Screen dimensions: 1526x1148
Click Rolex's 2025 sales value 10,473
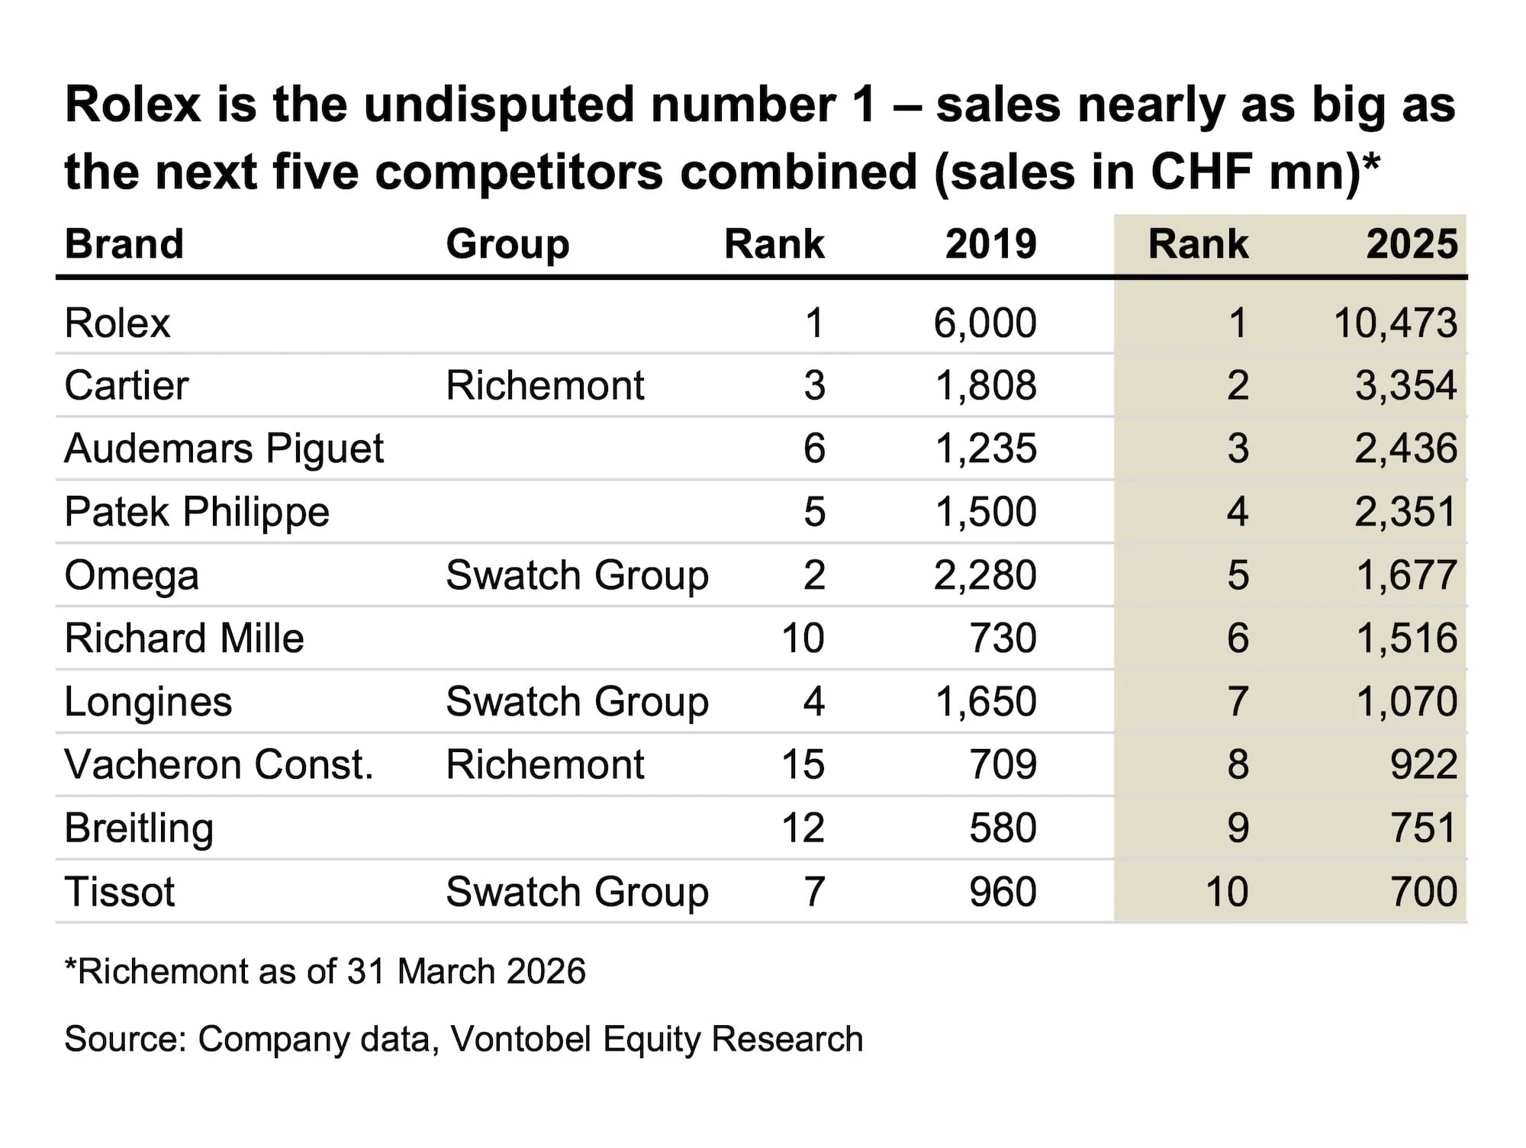(1396, 323)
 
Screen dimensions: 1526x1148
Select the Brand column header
(124, 244)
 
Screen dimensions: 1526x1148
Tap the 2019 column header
(991, 244)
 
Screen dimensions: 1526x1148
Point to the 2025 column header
(1412, 244)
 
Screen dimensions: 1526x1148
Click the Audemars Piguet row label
(224, 449)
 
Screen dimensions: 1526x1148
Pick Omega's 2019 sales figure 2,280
(985, 575)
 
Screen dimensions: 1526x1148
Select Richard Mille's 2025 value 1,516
(1407, 638)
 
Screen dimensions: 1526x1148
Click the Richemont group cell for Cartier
(545, 385)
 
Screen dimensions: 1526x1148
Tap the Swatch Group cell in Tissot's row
(578, 892)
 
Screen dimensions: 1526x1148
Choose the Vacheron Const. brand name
(219, 764)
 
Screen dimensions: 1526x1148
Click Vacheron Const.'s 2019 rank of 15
(803, 764)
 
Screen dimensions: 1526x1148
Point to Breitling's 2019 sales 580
(1003, 828)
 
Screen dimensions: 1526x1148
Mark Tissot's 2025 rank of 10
(1227, 892)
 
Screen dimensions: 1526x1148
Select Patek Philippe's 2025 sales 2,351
(1406, 512)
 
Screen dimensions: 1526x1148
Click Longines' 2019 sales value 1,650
(986, 702)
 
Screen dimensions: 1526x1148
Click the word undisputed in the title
(499, 105)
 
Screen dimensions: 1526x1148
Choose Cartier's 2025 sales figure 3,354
(1406, 385)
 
